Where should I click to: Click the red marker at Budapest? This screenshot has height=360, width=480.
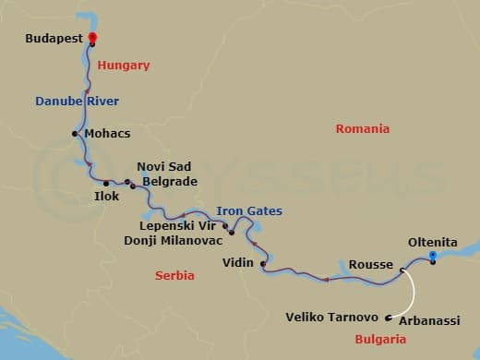point(93,38)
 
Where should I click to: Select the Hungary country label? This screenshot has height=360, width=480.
point(123,66)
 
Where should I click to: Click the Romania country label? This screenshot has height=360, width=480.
point(362,129)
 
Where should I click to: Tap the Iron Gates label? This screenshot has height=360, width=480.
point(249,211)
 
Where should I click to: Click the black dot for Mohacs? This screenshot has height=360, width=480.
point(75,134)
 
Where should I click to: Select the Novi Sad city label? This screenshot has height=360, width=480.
point(163,166)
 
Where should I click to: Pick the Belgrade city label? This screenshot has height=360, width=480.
point(168,182)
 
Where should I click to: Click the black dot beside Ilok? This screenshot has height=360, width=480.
point(107,183)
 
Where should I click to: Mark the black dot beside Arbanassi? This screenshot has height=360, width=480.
point(389,319)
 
